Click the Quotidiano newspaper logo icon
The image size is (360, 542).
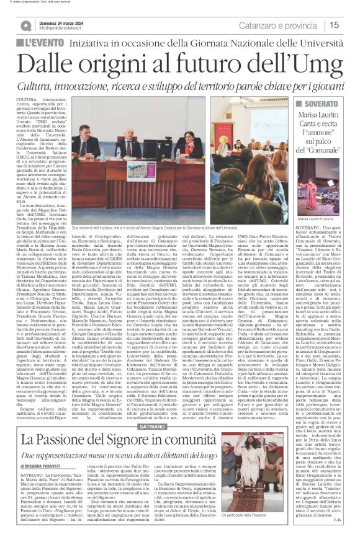(26, 25)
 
